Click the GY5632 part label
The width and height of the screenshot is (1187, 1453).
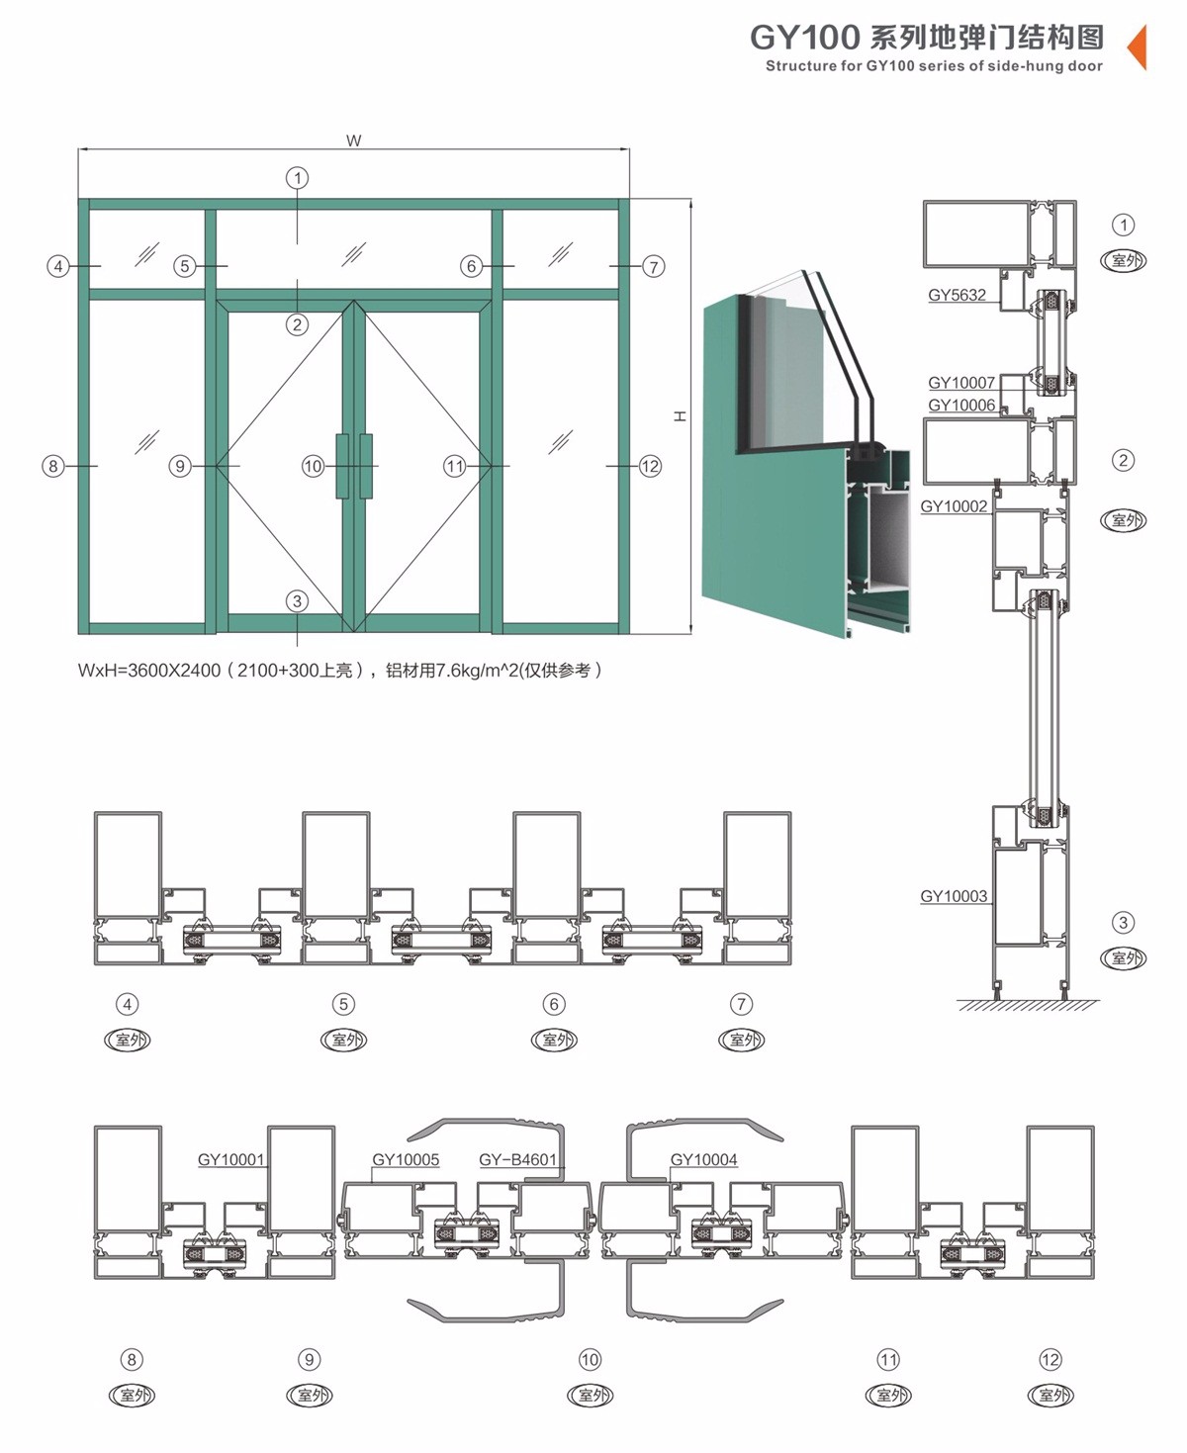[x=957, y=295]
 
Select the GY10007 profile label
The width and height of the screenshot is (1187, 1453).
[x=961, y=383]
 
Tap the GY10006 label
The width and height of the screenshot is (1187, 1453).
[x=961, y=406]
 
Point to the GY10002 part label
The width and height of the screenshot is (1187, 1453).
[x=954, y=506]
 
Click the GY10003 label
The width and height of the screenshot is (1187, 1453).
[x=954, y=896]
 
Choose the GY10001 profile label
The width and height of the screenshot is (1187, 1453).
[x=230, y=1159]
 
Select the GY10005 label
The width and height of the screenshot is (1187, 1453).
[x=406, y=1159]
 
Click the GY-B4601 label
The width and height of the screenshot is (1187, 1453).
[x=517, y=1159]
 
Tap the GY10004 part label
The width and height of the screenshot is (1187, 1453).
[x=703, y=1159]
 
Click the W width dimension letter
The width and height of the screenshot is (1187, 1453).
[x=353, y=140]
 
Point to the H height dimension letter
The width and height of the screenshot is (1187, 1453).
[x=680, y=416]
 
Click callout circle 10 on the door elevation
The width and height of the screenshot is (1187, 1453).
[x=313, y=467]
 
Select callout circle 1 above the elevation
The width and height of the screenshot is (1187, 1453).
[x=297, y=178]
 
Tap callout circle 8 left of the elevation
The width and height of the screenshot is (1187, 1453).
[x=53, y=467]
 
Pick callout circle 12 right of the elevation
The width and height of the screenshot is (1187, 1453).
[x=650, y=467]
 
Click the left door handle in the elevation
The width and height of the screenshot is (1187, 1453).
[x=342, y=466]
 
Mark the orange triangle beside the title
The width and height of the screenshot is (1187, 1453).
[x=1138, y=46]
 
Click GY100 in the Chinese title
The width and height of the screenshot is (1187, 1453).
[x=804, y=38]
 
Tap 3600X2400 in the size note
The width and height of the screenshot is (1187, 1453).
[x=174, y=671]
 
